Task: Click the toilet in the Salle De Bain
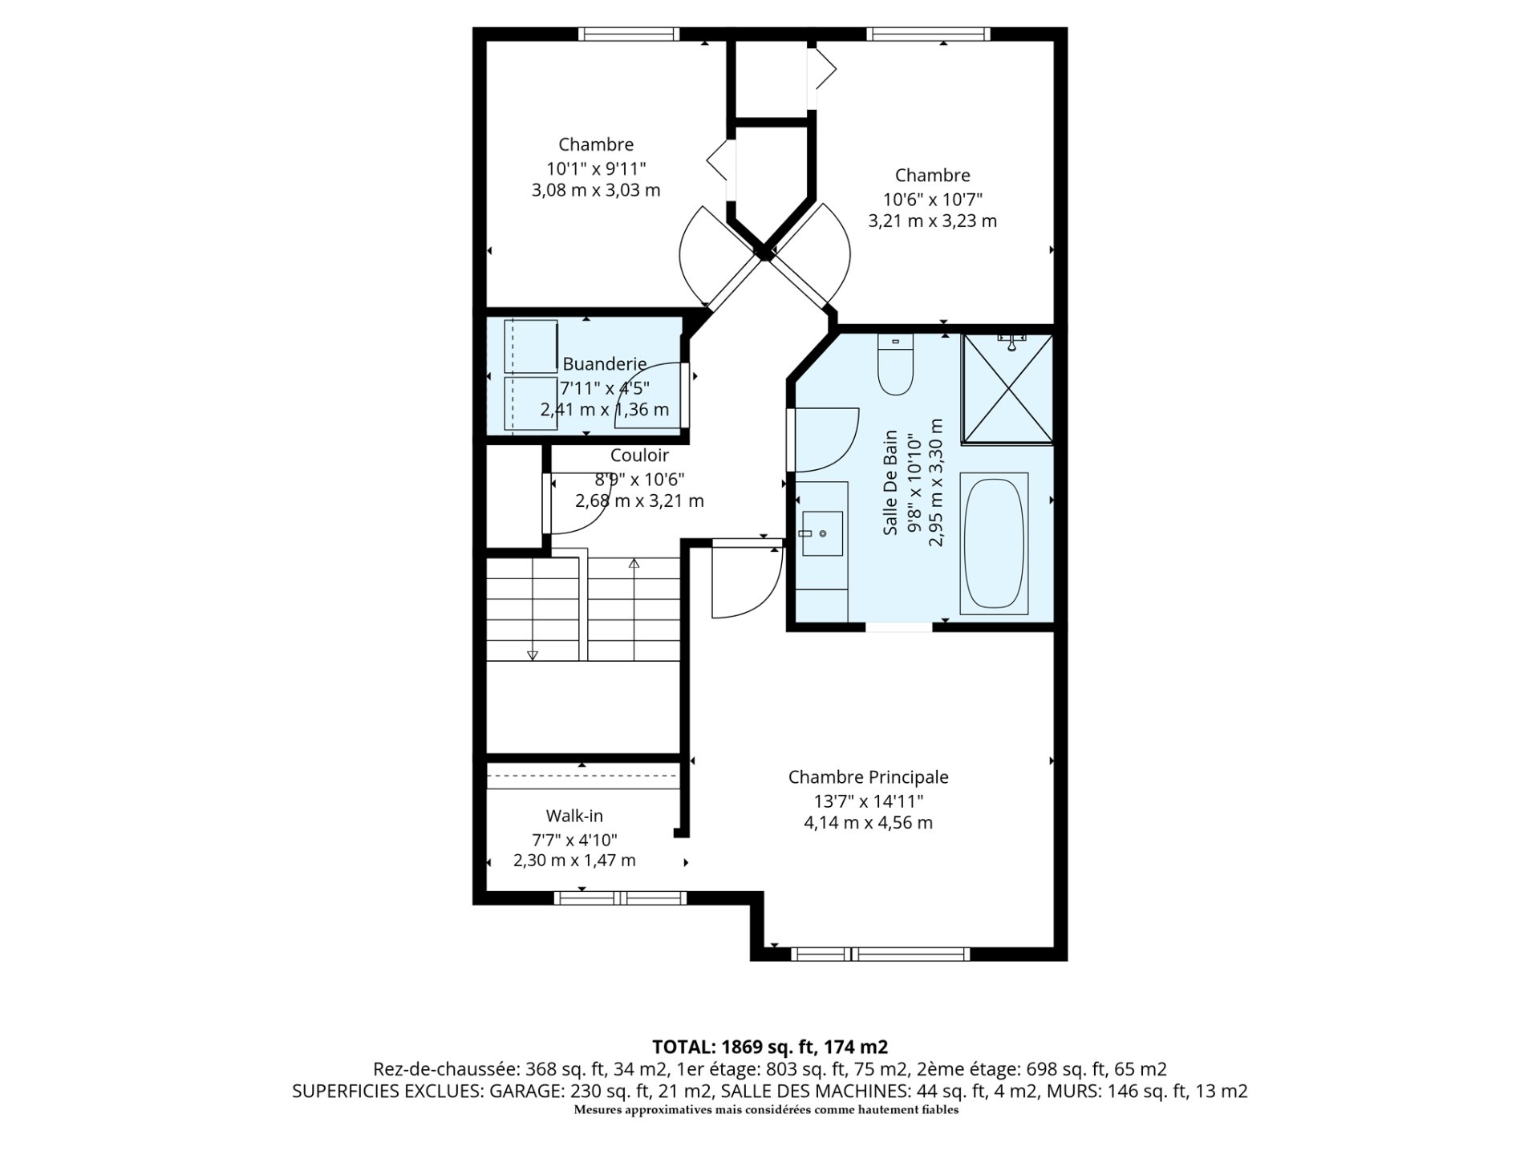tap(896, 366)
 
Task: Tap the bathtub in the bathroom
tap(994, 543)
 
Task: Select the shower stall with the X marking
tap(1007, 388)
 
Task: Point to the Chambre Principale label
tap(868, 776)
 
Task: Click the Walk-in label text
tap(574, 816)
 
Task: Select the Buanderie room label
tap(605, 364)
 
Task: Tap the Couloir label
tap(639, 456)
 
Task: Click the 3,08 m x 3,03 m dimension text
tap(596, 190)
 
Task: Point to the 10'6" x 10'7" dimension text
tap(932, 199)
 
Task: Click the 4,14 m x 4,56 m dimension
tap(868, 822)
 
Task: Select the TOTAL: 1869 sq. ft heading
tap(770, 1047)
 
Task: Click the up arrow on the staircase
tap(634, 564)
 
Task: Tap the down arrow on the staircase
tap(532, 654)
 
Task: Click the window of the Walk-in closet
tap(620, 898)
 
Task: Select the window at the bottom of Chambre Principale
tap(881, 954)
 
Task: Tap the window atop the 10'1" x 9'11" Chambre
tap(629, 34)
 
